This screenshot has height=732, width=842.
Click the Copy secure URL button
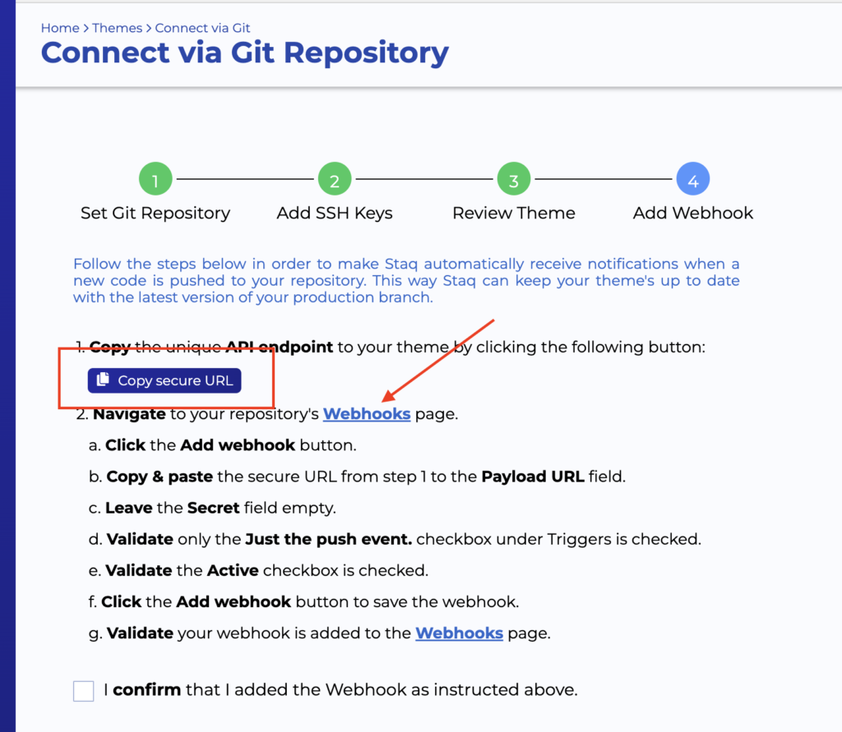pos(164,380)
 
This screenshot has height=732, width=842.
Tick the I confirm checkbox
pos(83,690)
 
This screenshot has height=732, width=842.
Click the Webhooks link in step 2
pos(367,414)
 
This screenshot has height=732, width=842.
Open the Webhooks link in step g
pos(459,633)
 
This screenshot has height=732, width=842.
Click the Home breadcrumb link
pos(60,28)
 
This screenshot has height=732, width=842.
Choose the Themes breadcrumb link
pos(118,28)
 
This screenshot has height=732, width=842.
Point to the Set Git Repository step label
pos(155,213)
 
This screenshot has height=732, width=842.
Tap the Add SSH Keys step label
pos(335,213)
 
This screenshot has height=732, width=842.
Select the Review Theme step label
pos(514,213)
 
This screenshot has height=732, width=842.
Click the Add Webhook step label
pos(693,213)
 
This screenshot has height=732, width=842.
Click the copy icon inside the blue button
pos(103,380)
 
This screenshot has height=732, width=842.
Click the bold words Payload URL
pos(533,476)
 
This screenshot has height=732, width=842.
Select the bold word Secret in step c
pos(213,508)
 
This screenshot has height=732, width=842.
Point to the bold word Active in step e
pos(233,570)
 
